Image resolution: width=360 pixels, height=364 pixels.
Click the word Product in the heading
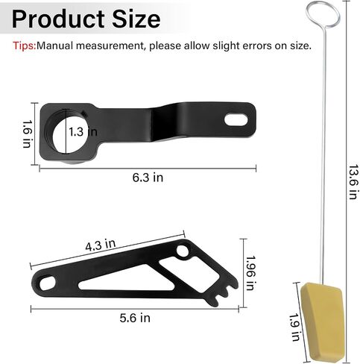(58, 19)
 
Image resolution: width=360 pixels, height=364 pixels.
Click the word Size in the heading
(136, 19)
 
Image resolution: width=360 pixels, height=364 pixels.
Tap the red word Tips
(25, 45)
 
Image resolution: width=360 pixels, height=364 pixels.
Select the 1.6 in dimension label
(27, 134)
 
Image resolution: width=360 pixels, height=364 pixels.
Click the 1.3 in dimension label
(83, 131)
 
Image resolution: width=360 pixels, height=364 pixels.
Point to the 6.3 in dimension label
(148, 178)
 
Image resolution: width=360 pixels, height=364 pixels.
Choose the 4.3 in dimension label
(101, 245)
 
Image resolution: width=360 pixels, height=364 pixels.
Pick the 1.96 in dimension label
(250, 273)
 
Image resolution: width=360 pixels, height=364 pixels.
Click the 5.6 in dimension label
(135, 318)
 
